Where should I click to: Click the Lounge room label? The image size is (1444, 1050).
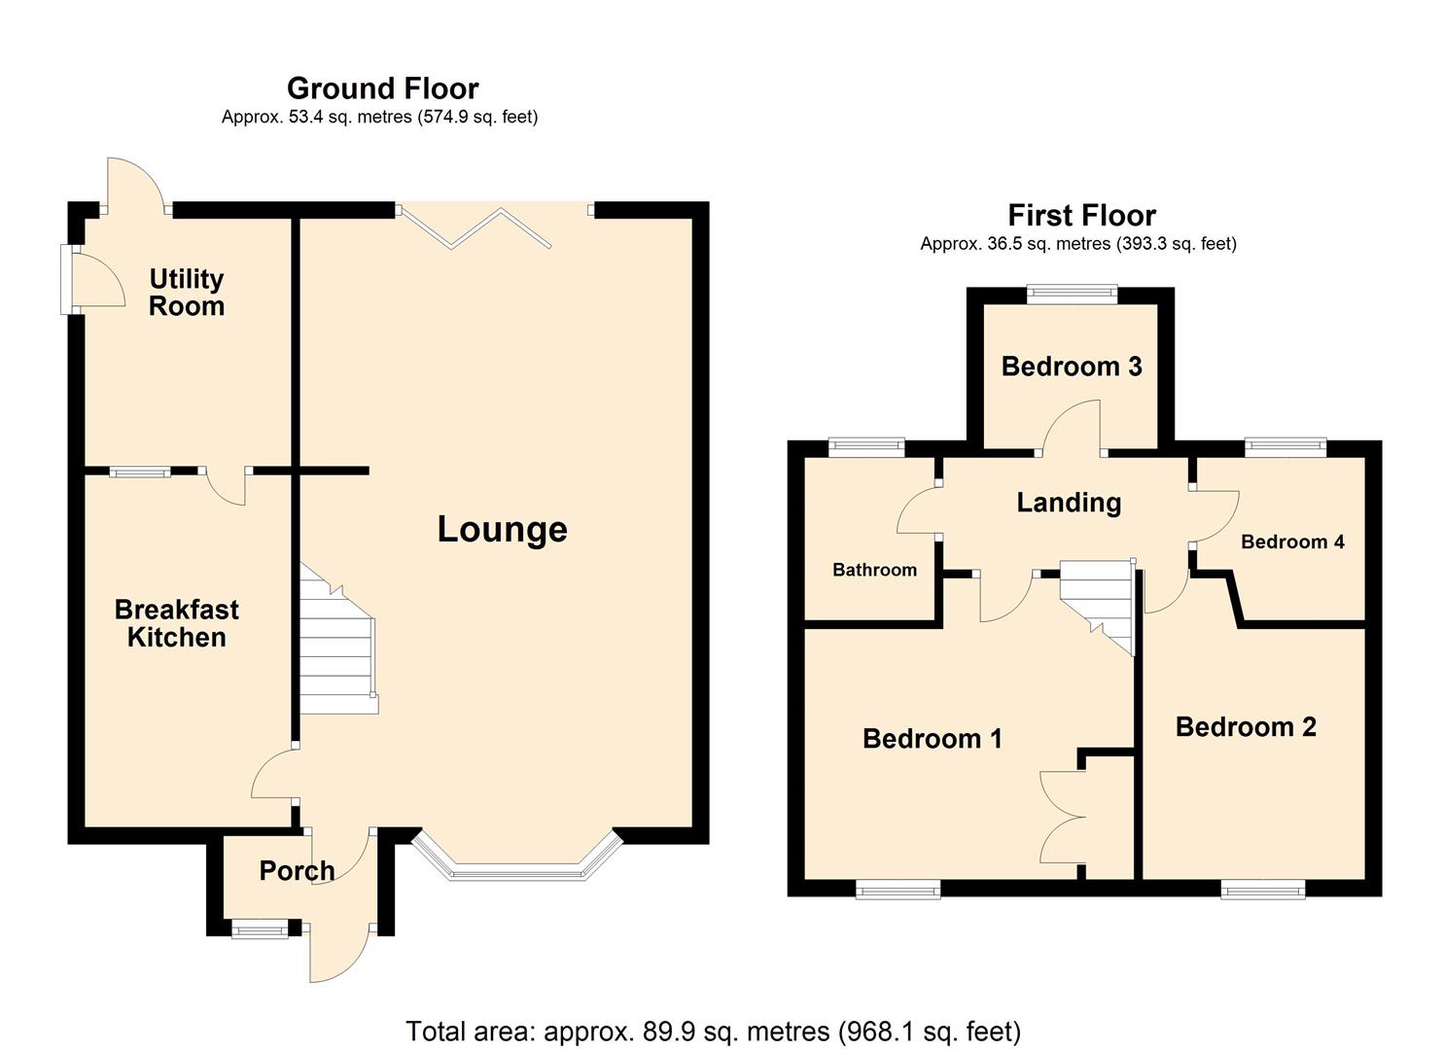[502, 530]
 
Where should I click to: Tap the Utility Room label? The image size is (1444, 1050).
[186, 293]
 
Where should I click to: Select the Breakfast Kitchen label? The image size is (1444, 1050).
[176, 623]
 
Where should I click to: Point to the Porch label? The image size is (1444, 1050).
[297, 870]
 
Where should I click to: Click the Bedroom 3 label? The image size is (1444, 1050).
[1071, 367]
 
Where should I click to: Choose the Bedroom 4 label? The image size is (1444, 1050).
[1291, 542]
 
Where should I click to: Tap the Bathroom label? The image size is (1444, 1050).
[874, 570]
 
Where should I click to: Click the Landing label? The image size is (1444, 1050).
[1068, 503]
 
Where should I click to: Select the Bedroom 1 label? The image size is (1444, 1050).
[932, 739]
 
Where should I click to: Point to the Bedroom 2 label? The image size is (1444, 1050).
[1245, 727]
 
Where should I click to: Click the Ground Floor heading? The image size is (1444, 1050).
[382, 88]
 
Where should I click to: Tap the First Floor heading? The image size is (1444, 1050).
[1081, 215]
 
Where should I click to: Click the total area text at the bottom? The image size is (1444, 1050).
[713, 1031]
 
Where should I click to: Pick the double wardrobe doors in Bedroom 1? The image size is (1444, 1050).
[1062, 817]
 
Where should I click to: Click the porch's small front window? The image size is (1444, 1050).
[260, 930]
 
